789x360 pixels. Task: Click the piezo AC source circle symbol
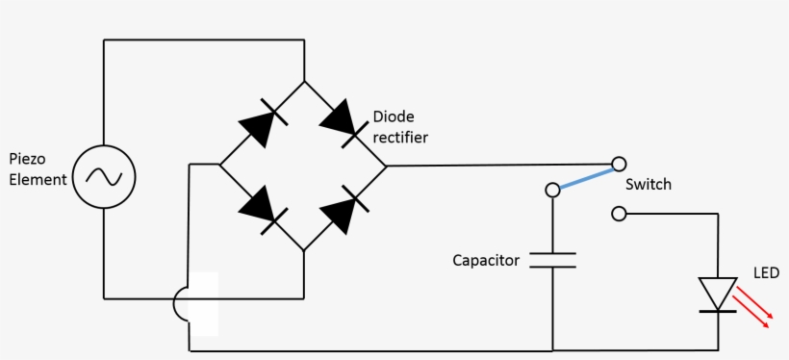[x=104, y=176]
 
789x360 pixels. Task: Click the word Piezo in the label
[x=27, y=158]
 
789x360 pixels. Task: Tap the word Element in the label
[x=38, y=179]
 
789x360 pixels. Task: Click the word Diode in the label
[x=393, y=116]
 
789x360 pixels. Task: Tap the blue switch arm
[x=586, y=177]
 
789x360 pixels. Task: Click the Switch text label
[x=648, y=184]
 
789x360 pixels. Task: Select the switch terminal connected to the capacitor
[x=552, y=190]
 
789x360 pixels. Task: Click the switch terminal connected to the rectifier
[x=620, y=165]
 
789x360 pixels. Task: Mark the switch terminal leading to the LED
[x=620, y=213]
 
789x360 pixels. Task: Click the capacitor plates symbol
[x=552, y=260]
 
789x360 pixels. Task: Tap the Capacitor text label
[x=486, y=261]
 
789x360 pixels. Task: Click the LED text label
[x=767, y=274]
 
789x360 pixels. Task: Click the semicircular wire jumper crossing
[x=181, y=304]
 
